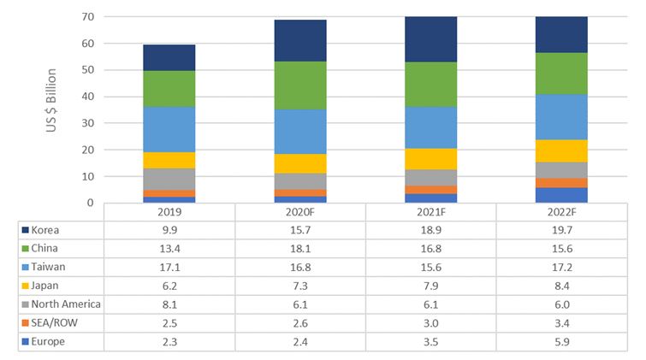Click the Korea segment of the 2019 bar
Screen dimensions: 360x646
coord(169,57)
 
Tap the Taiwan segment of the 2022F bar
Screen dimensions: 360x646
coord(561,116)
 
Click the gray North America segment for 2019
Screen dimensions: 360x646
coord(169,179)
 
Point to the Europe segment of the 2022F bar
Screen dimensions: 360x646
coord(561,195)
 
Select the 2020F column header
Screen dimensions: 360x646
coord(299,212)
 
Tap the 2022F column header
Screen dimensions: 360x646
coord(561,212)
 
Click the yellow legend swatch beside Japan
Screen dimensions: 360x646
coord(26,286)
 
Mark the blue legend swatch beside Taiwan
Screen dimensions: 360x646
coord(26,268)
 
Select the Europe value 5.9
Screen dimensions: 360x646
coord(561,341)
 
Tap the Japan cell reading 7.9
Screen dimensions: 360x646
coord(430,286)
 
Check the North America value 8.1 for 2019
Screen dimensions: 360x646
coord(169,304)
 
